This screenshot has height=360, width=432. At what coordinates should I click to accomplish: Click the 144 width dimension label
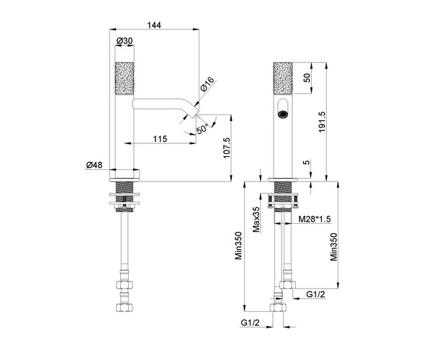154,25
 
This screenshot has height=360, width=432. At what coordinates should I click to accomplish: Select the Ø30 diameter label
125,41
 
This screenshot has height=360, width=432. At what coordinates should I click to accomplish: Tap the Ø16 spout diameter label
207,84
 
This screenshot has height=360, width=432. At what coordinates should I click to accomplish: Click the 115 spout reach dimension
160,138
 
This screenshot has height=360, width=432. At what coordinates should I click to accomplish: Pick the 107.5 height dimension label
227,148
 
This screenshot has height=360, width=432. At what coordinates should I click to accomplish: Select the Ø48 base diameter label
94,165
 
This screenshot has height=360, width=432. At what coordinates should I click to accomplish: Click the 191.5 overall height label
322,122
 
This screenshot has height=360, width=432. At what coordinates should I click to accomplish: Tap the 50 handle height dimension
307,78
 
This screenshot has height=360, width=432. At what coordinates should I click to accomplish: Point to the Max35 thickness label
256,220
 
